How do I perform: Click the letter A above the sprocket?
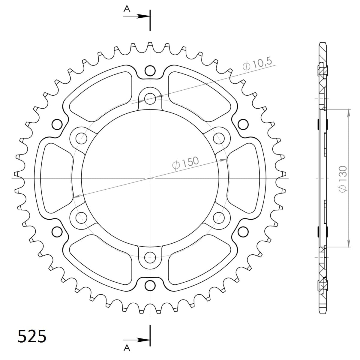click(x=127, y=9)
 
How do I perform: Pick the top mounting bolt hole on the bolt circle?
click(x=150, y=98)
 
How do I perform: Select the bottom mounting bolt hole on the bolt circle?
click(x=150, y=257)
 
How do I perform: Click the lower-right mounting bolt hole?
click(x=219, y=217)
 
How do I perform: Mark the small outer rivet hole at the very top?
click(x=150, y=71)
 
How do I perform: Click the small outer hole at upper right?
click(x=243, y=124)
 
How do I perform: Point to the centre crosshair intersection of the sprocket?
click(x=150, y=178)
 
